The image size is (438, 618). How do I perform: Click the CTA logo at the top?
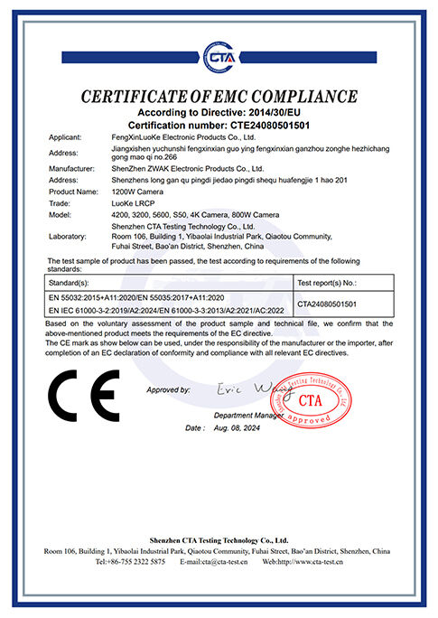pyautogui.click(x=219, y=57)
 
